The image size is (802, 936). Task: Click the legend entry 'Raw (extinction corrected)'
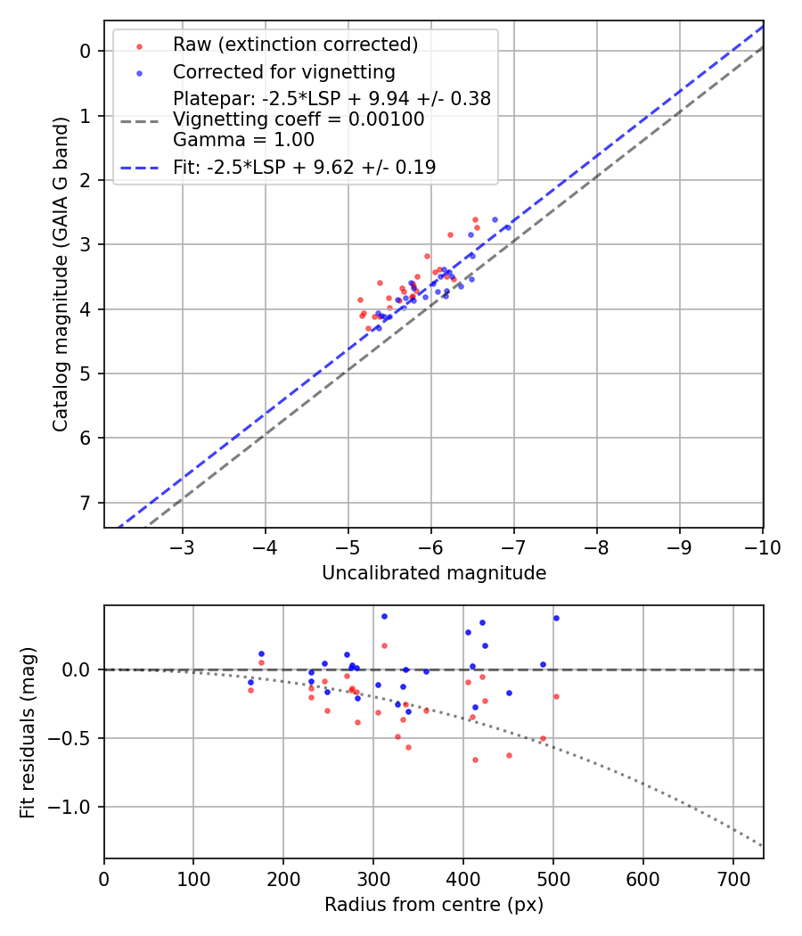tap(295, 45)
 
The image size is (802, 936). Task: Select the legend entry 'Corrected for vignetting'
tap(283, 71)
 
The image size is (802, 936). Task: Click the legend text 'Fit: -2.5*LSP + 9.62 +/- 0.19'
tap(304, 167)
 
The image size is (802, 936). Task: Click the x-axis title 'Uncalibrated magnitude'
tap(434, 573)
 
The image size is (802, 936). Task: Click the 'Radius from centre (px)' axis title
tap(434, 905)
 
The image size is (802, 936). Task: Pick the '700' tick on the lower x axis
tap(732, 878)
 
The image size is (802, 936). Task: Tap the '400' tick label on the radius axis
tap(462, 878)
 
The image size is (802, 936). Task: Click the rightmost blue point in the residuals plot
tap(556, 618)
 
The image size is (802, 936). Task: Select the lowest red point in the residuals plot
tap(475, 759)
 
